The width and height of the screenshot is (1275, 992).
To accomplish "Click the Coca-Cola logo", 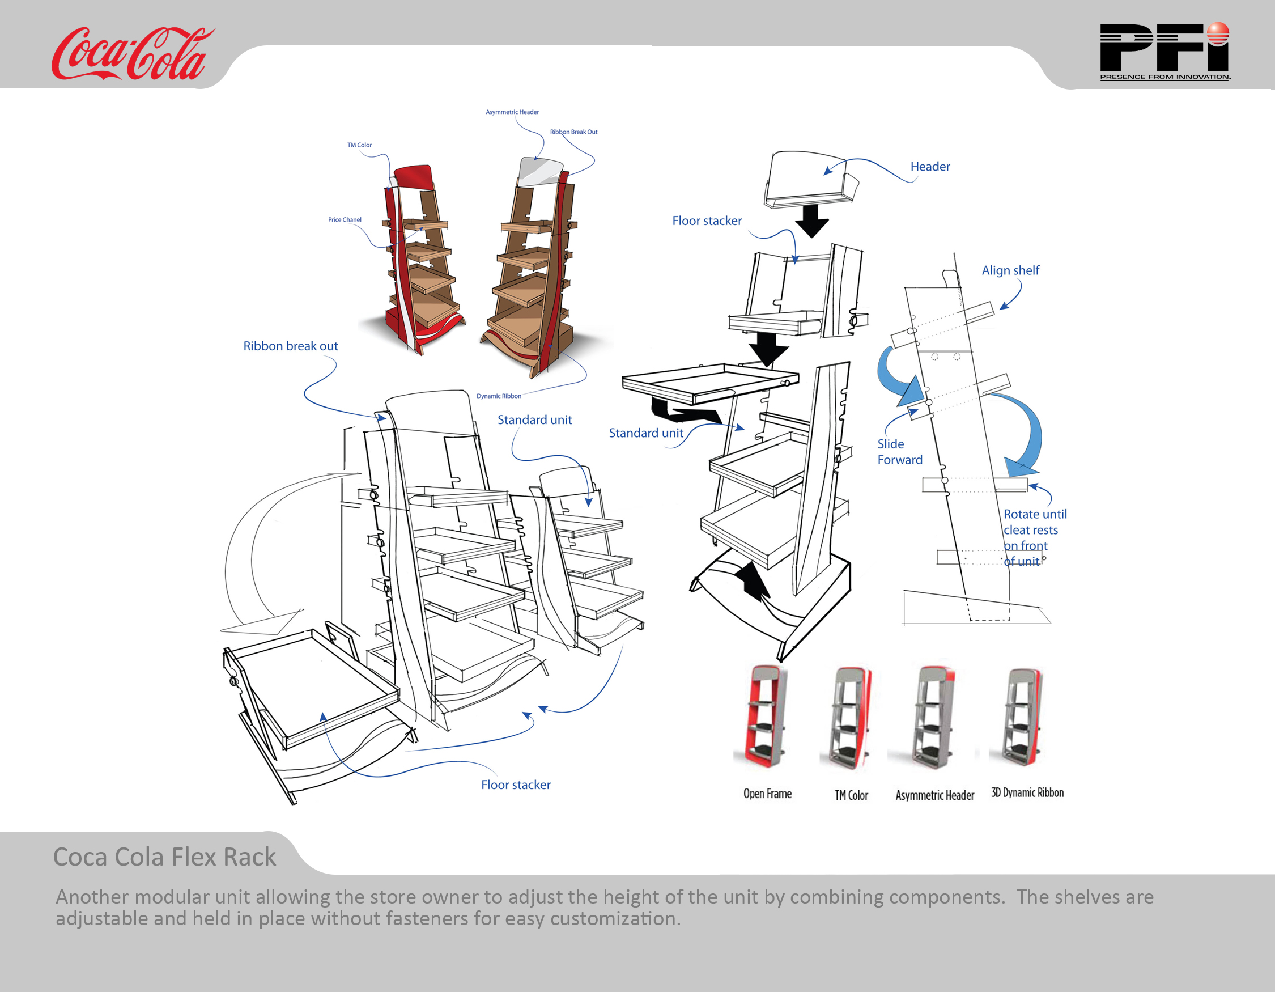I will tap(131, 54).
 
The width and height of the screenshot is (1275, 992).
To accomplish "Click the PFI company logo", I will tap(1164, 52).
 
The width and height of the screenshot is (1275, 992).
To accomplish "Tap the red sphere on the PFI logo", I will tap(1218, 33).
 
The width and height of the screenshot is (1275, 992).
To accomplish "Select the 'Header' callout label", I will tap(930, 167).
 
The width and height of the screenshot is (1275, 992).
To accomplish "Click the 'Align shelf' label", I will tap(1010, 271).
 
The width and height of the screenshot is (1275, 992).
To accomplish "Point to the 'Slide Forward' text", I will tap(899, 452).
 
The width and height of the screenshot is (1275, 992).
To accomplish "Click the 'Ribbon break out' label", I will tap(290, 346).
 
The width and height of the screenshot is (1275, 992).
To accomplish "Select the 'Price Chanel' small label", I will tap(345, 220).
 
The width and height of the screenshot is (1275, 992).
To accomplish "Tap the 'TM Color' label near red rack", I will tap(359, 145).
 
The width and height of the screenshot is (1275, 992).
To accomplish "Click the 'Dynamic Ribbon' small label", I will tap(499, 396).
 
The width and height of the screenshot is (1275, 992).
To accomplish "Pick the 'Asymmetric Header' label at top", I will tap(512, 112).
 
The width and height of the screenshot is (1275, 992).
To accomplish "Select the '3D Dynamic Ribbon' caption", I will tap(1027, 793).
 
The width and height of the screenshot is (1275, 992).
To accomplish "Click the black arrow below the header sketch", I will tap(811, 220).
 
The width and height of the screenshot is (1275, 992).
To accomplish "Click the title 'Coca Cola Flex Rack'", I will tap(165, 857).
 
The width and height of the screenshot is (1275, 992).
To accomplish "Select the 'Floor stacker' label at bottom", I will tap(516, 785).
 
